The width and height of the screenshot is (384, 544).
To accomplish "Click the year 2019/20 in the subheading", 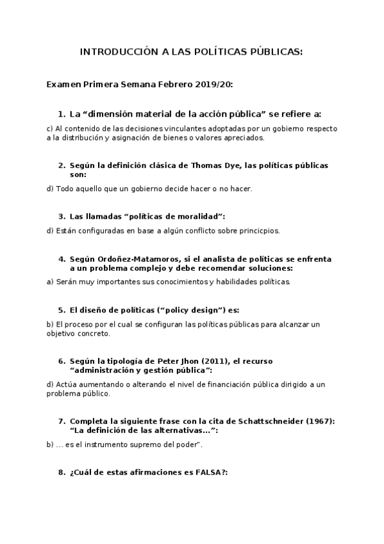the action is [x=215, y=84].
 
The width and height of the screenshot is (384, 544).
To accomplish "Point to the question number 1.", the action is [x=61, y=114].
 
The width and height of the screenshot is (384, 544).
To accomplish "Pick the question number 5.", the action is [x=61, y=310].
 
